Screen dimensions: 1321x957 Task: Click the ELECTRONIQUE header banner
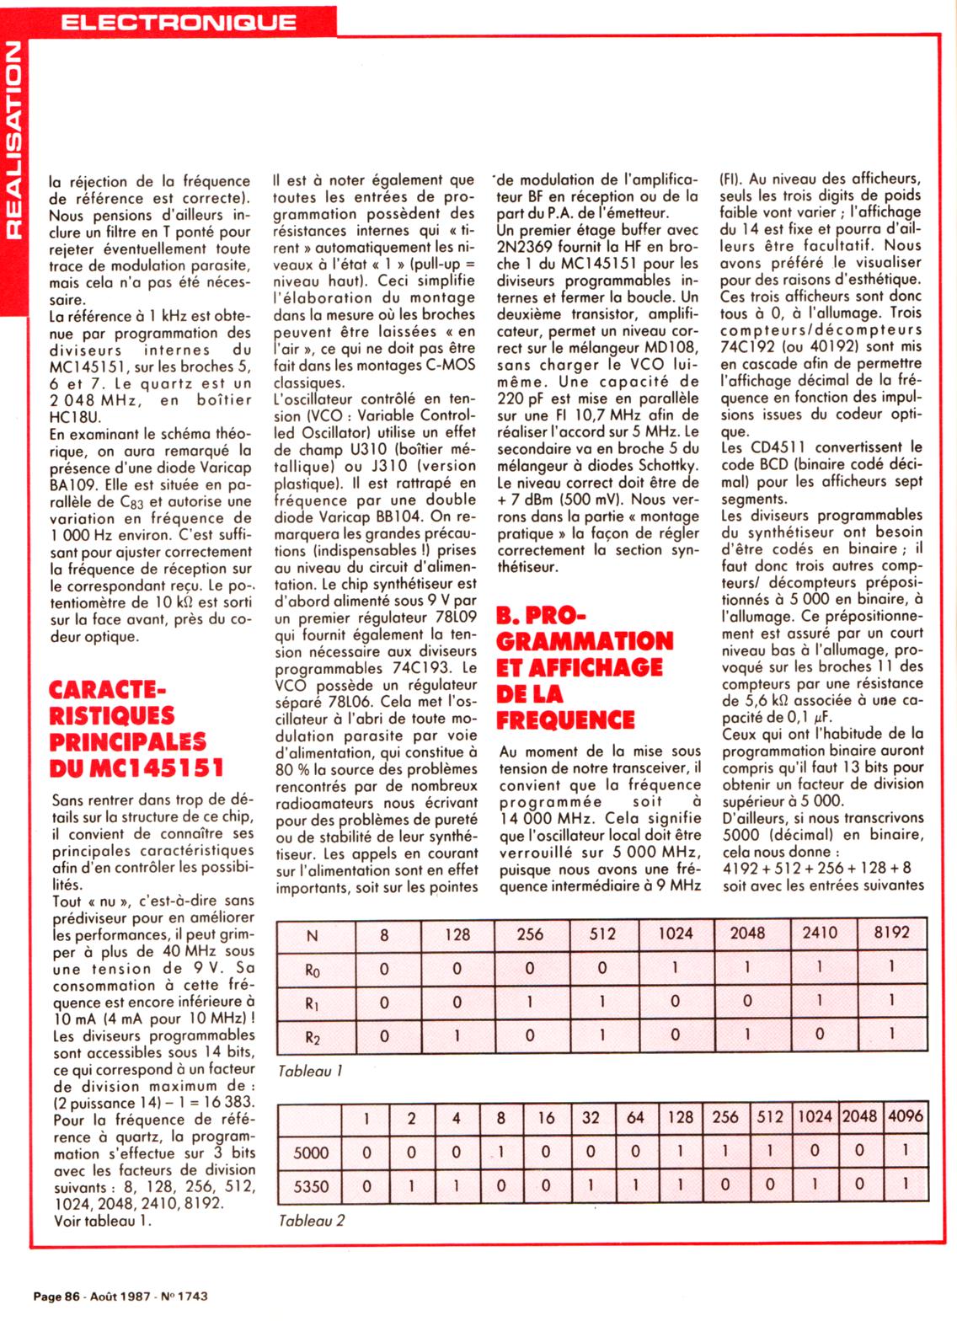[179, 21]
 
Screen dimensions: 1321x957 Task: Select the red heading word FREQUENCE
[565, 720]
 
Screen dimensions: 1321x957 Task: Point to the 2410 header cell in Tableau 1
[819, 933]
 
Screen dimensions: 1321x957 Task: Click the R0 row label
[313, 970]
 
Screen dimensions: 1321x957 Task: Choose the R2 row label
[313, 1037]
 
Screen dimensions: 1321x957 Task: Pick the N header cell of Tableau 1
[313, 934]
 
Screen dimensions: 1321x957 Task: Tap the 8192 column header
[891, 933]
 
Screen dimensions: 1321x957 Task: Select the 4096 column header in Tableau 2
[905, 1117]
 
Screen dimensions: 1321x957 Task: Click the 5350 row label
[311, 1186]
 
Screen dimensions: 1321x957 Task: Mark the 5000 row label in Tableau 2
[311, 1153]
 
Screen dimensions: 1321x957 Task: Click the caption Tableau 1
[310, 1072]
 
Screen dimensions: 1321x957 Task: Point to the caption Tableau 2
[311, 1220]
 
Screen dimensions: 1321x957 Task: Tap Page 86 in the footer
[56, 1297]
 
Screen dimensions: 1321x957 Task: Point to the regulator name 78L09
[454, 618]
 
